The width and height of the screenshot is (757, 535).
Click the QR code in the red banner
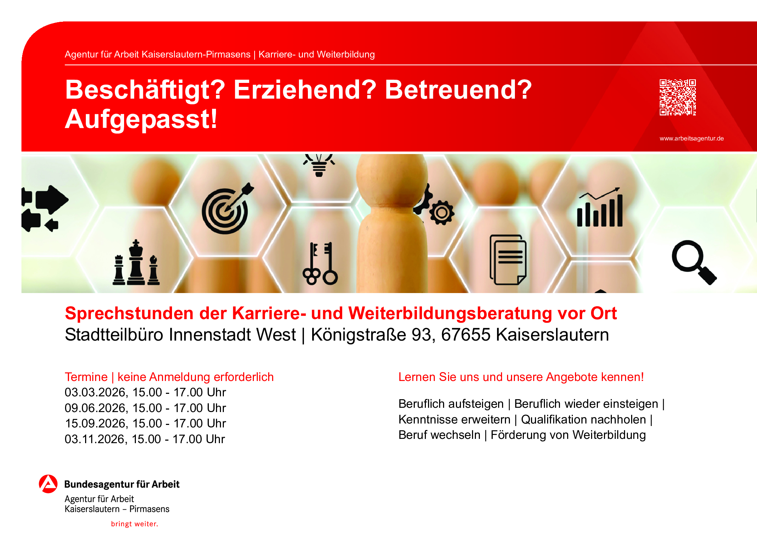pos(678,97)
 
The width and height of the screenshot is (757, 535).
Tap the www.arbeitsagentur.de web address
pos(692,138)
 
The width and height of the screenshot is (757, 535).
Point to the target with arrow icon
pos(227,209)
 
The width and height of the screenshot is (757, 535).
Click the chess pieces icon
pos(136,263)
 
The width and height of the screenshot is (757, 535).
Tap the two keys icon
pos(320,264)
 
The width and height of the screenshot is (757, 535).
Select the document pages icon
pos(508,260)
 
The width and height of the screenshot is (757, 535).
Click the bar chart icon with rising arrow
pos(600,207)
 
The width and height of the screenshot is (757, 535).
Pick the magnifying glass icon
pos(694,262)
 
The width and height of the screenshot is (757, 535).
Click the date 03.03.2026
pos(95,392)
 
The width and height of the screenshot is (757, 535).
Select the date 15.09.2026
pos(95,423)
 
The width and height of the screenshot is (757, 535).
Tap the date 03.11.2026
pos(95,439)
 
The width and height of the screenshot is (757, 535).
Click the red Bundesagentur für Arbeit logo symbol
pos(48,484)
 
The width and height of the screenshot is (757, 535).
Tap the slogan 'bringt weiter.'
pos(134,524)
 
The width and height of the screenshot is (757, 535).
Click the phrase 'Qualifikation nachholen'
pos(584,420)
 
